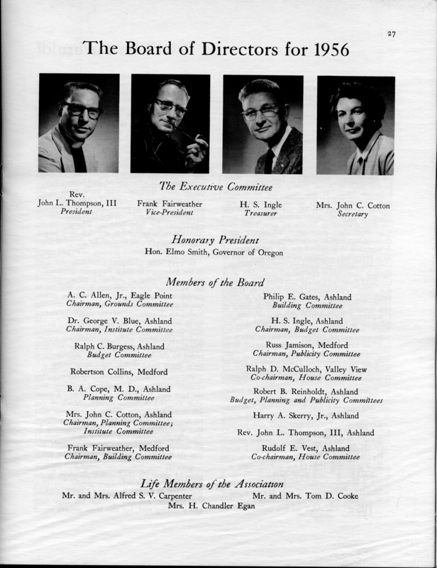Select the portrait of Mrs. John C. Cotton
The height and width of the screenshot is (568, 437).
click(x=355, y=124)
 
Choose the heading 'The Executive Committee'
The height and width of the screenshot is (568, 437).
click(x=216, y=187)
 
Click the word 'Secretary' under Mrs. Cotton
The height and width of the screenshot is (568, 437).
click(x=353, y=214)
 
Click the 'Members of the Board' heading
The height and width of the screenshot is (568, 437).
click(x=216, y=282)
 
